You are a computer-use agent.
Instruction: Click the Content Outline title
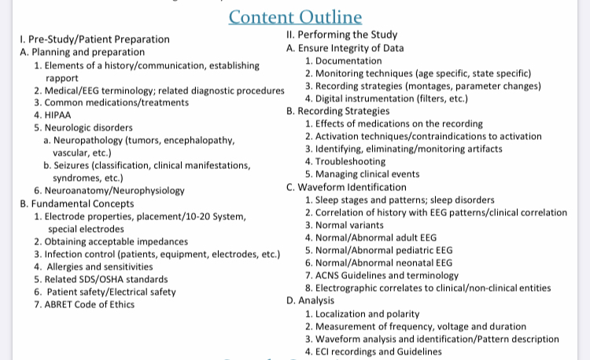(295, 17)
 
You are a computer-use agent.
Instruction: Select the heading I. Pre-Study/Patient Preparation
(93, 39)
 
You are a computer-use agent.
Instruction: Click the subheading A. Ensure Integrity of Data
(346, 48)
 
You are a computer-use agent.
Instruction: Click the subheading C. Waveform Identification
(347, 187)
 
